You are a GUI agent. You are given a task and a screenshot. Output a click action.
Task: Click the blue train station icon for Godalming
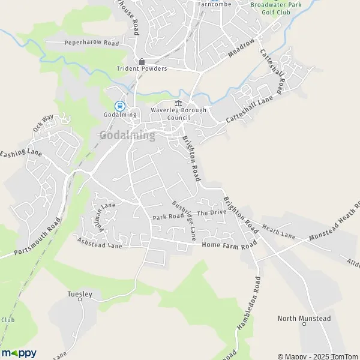coord(120,105)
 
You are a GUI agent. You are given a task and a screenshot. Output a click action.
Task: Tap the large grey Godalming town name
coord(127,135)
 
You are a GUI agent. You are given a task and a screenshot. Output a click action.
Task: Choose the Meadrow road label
coord(242,48)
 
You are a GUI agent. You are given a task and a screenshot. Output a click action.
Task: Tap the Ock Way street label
coord(43,122)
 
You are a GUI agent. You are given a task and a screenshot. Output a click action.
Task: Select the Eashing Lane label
coord(21,154)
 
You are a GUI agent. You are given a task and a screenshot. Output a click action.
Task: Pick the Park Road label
coord(167,216)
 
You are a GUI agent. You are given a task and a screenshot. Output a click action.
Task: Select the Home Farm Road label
coord(229,244)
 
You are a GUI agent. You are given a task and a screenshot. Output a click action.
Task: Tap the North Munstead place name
coord(304,319)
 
